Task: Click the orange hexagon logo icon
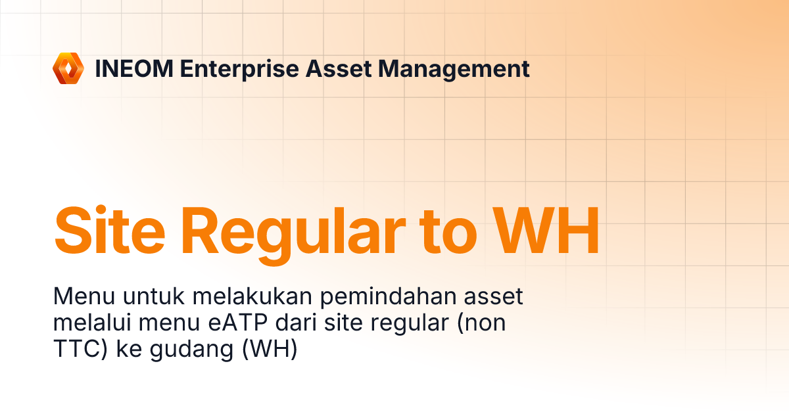[69, 68]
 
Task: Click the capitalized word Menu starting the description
[82, 297]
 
